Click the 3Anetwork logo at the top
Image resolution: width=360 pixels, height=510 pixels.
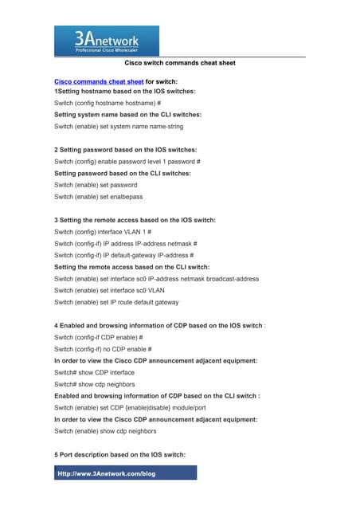pos(106,40)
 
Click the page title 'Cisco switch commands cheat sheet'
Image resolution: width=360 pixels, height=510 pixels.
pos(180,62)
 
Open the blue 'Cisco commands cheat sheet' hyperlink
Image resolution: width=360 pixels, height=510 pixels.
pos(99,81)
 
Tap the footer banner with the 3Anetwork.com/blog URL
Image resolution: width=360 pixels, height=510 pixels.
pos(125,473)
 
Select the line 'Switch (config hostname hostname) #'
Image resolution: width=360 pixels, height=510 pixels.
pos(107,104)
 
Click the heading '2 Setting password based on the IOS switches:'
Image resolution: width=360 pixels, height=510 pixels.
pos(125,150)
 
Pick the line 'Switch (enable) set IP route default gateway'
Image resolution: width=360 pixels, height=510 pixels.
pos(116,303)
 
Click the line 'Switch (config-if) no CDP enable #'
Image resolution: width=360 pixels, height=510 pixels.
pos(102,349)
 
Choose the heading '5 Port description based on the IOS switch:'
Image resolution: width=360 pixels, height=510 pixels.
pos(119,454)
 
